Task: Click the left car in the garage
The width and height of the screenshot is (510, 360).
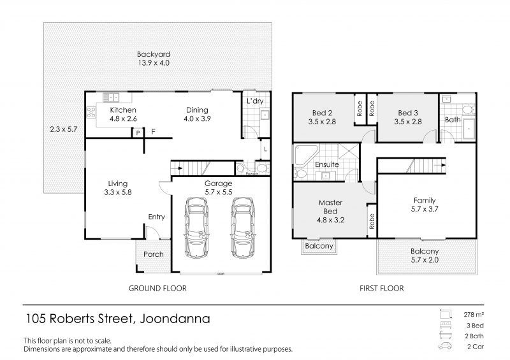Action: coord(196,227)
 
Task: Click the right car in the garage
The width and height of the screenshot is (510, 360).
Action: coord(242,227)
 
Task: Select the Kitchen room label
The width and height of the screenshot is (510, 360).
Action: coord(123,110)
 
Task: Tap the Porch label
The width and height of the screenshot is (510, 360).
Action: coord(153,254)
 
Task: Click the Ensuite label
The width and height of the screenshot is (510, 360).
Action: coord(327,165)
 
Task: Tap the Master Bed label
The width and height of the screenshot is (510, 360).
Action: coord(330,207)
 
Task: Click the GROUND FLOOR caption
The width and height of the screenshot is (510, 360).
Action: coord(157,288)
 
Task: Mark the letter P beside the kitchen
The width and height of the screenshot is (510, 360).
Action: coord(137,132)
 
